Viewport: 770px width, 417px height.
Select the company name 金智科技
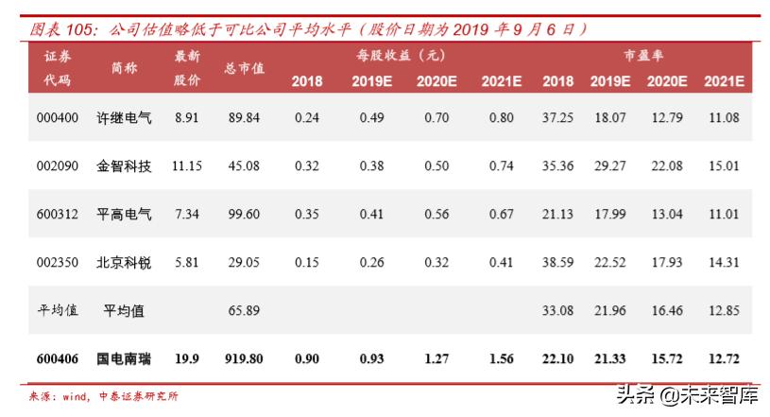click(124, 166)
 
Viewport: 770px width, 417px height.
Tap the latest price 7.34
click(186, 215)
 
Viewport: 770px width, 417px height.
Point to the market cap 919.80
click(244, 359)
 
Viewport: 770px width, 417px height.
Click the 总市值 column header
click(244, 68)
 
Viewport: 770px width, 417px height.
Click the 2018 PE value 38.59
click(558, 263)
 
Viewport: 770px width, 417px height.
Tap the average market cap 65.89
click(244, 310)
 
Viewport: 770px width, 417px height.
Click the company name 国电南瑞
click(124, 359)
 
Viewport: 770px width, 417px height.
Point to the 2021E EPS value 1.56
click(501, 359)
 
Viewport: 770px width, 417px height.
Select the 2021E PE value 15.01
click(723, 166)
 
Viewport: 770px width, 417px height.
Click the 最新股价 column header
click(186, 68)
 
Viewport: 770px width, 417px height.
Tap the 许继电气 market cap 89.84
click(244, 118)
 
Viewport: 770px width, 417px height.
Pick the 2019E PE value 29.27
click(609, 166)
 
